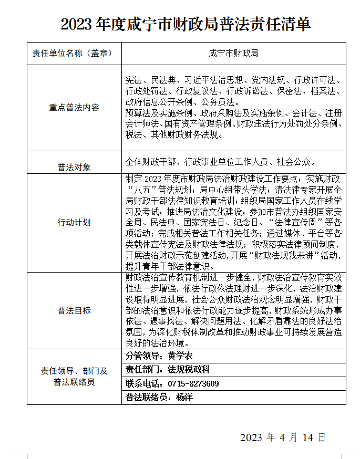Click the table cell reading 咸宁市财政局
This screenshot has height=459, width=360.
click(233, 54)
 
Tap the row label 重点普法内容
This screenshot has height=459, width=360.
click(74, 108)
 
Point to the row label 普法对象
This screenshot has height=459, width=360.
click(74, 167)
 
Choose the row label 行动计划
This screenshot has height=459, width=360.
click(74, 222)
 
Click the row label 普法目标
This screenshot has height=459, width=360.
click(74, 310)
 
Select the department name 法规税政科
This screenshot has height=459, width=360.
click(189, 370)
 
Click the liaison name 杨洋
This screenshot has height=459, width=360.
click(184, 397)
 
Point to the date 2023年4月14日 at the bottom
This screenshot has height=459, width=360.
click(283, 437)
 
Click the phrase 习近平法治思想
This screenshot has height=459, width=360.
click(213, 80)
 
